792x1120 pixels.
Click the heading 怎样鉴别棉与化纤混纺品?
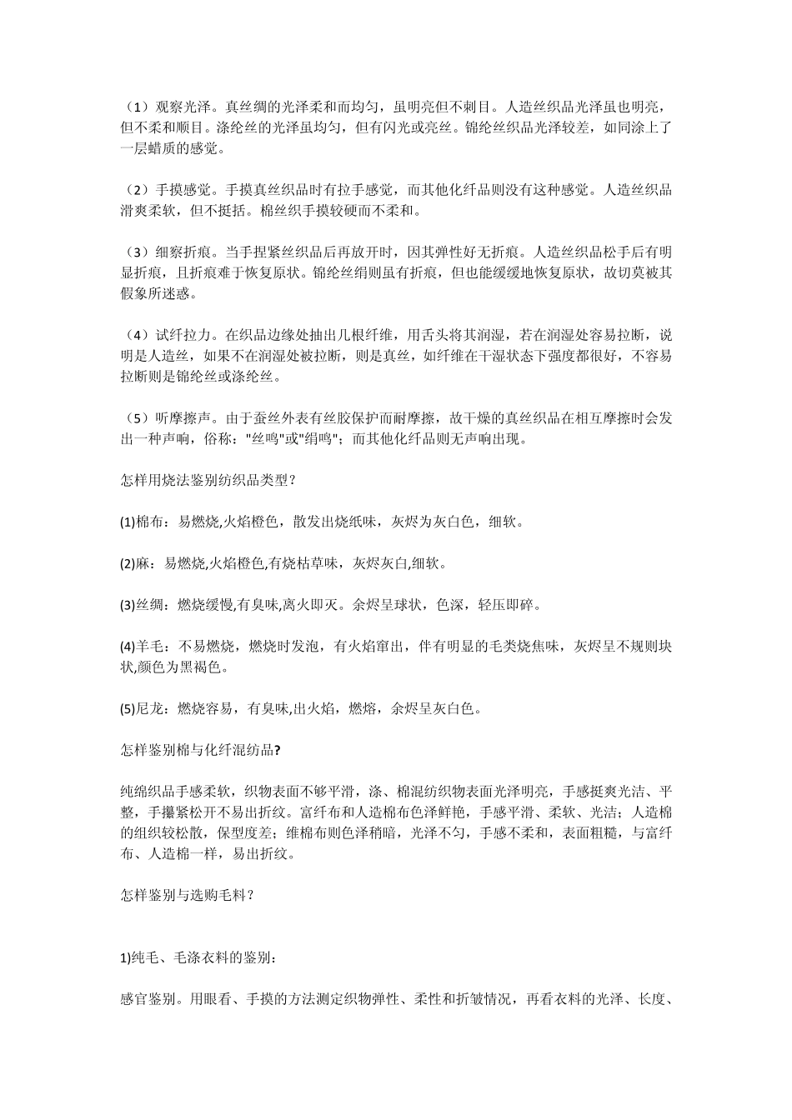pyautogui.click(x=200, y=750)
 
